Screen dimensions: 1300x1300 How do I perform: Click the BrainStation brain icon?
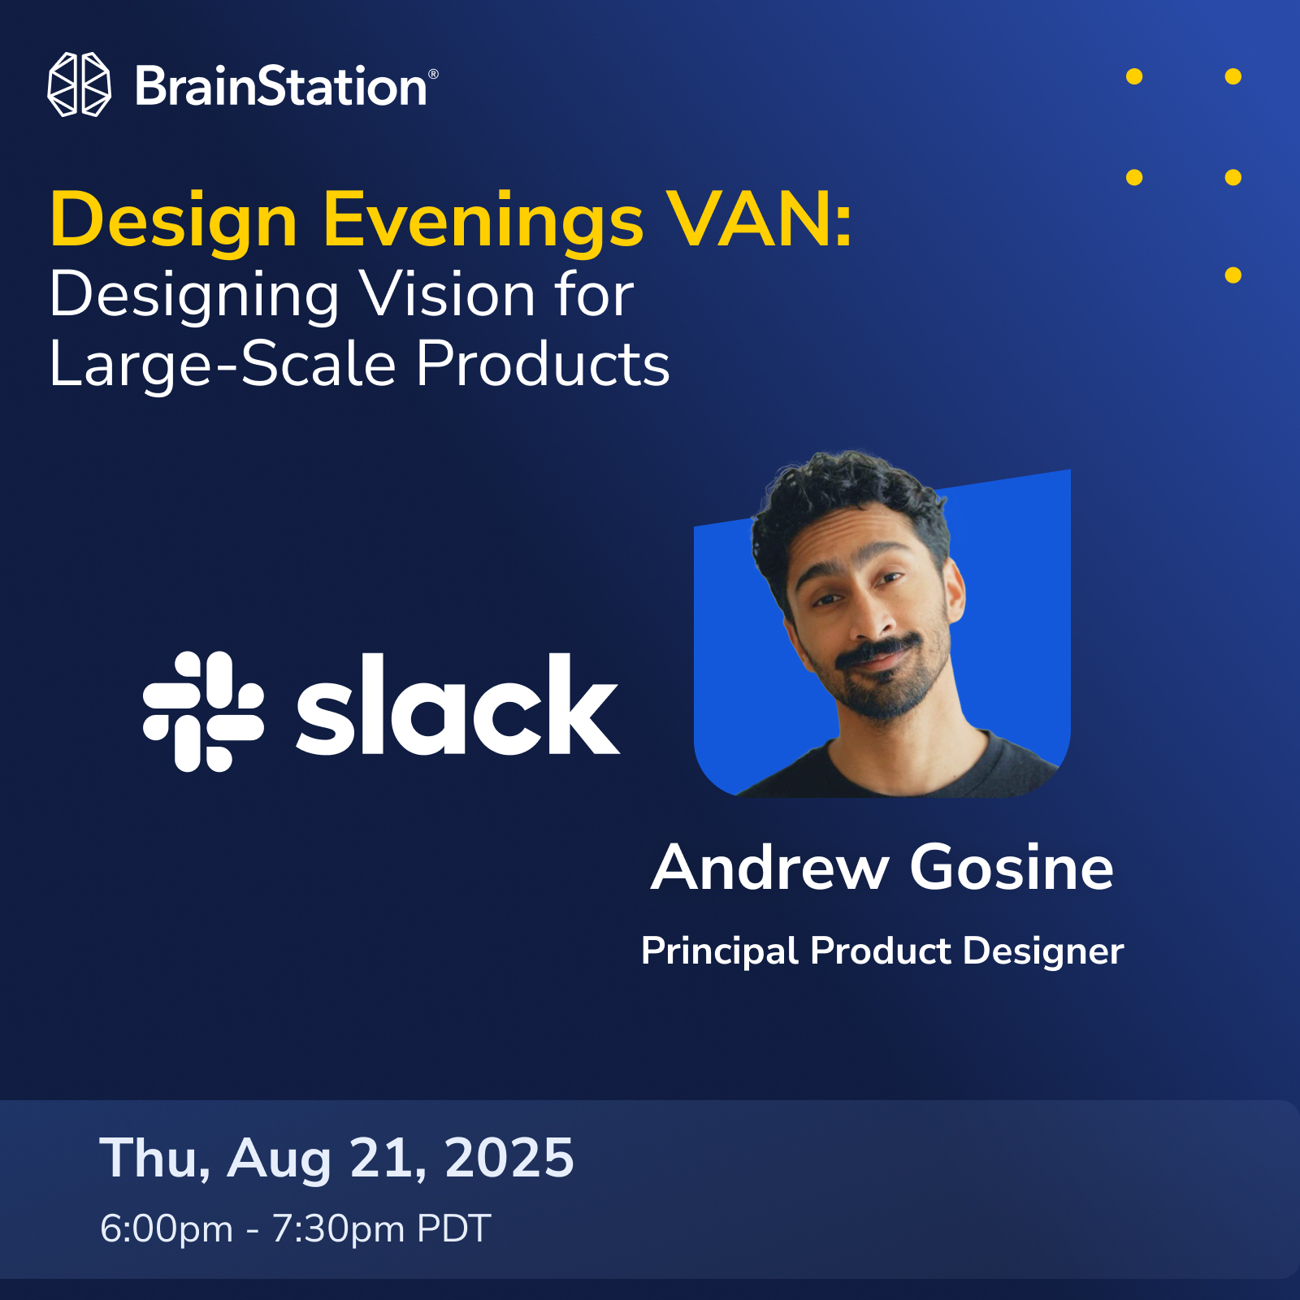pos(79,84)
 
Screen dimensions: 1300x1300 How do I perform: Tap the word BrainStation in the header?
pos(281,86)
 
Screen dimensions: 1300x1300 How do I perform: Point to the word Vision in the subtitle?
pos(448,294)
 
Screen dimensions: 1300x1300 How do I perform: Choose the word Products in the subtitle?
pos(543,363)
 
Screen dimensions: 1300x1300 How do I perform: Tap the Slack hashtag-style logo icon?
pos(203,711)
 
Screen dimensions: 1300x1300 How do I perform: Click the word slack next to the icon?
pos(457,704)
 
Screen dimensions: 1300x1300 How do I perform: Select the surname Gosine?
pos(1012,867)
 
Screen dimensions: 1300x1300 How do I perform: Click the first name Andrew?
pos(769,867)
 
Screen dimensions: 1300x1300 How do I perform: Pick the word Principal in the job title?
pos(719,951)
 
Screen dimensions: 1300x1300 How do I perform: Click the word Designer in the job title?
pos(1043,951)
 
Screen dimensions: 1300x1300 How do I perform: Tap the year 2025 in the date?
pos(509,1157)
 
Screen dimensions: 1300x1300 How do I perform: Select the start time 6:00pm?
pos(167,1228)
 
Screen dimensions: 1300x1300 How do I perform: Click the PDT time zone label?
pos(454,1228)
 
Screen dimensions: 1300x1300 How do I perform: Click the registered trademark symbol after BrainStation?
pos(433,74)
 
